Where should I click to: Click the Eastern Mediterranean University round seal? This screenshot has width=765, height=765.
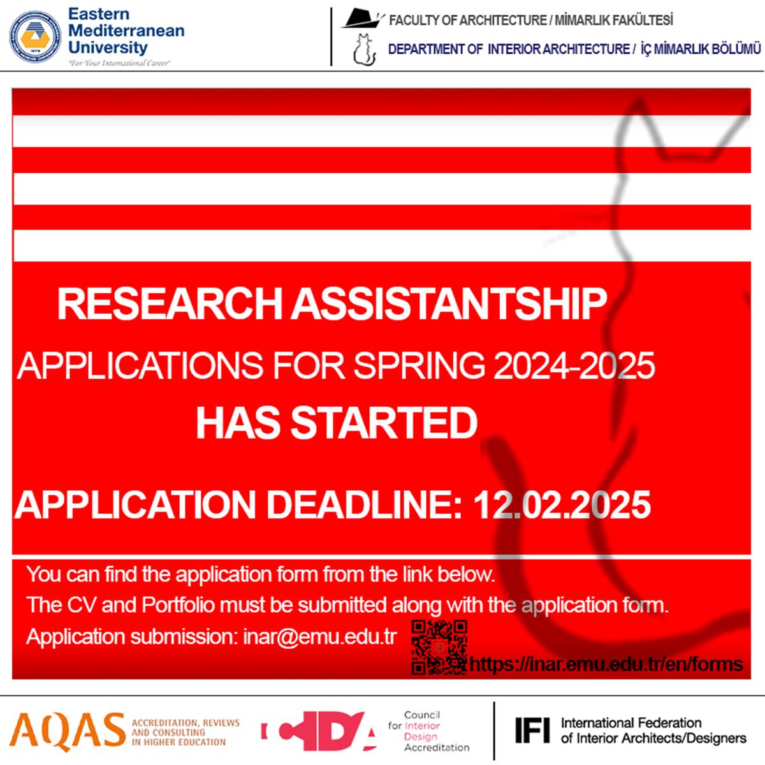pos(35,37)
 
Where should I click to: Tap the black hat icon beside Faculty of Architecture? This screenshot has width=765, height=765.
pos(362,18)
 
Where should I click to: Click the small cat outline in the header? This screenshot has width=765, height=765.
pos(365,50)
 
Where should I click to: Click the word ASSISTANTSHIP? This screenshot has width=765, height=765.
pos(449,303)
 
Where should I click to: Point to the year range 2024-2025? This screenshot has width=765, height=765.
pos(574,365)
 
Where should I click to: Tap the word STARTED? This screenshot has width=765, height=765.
pos(384,423)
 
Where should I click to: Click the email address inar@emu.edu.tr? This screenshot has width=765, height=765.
pos(319,637)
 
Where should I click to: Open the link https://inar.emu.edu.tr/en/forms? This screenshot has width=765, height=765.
pos(606,664)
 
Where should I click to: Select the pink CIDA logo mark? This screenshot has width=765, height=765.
pos(318,731)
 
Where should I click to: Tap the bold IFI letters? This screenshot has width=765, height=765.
pos(533,730)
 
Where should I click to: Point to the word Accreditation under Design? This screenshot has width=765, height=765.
pos(437,748)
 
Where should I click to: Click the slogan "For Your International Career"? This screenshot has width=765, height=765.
pos(119,63)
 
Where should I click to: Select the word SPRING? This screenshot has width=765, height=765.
pos(419,366)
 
